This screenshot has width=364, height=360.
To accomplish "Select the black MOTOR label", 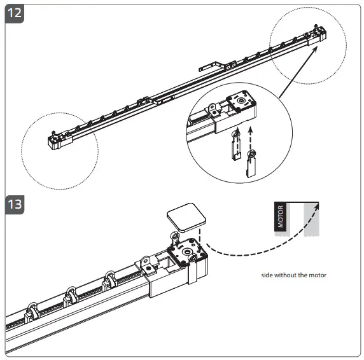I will coord(281,218).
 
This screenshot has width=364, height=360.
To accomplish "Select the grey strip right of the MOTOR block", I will coord(311,219).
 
